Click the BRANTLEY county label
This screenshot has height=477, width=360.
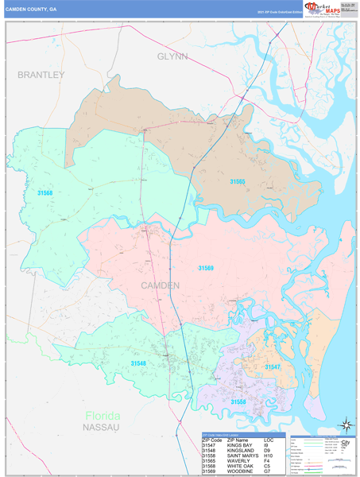tap(41, 74)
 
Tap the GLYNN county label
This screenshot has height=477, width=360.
tap(172, 57)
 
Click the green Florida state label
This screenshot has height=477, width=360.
tap(103, 417)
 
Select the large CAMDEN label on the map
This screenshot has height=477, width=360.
tap(160, 285)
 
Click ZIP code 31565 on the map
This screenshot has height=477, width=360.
tap(238, 182)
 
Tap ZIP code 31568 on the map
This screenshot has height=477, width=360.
tap(45, 192)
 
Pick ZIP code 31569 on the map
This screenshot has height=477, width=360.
tap(206, 267)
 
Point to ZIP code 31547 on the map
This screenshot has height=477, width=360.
tap(273, 366)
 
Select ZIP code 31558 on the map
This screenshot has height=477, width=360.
tap(238, 401)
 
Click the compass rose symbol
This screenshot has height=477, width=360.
tap(345, 425)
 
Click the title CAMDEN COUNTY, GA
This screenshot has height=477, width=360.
tap(32, 10)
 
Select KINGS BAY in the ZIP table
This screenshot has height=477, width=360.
tap(239, 444)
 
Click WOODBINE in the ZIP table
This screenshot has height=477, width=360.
tap(239, 472)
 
